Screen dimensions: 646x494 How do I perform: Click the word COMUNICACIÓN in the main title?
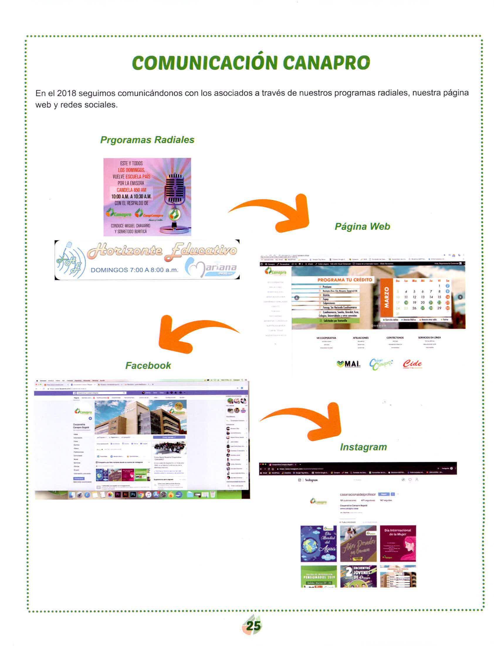coord(204,62)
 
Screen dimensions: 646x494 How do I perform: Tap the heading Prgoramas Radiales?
coord(147,139)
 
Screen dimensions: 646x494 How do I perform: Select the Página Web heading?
coord(362,226)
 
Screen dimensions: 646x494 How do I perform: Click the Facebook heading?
coord(148,365)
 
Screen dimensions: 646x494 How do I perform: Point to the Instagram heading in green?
coord(363,447)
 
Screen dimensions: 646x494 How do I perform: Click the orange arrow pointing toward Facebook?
coord(188,333)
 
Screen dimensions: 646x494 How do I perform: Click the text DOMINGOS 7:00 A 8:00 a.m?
coord(134,270)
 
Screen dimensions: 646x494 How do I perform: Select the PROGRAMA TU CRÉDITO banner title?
coord(345,280)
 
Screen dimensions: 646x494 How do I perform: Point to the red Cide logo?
coord(412,364)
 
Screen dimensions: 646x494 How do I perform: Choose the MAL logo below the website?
coord(348,364)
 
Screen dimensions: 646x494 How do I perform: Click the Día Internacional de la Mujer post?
coord(398,543)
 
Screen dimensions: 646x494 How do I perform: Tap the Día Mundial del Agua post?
coord(318,543)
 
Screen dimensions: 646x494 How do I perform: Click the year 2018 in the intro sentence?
coord(67,93)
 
